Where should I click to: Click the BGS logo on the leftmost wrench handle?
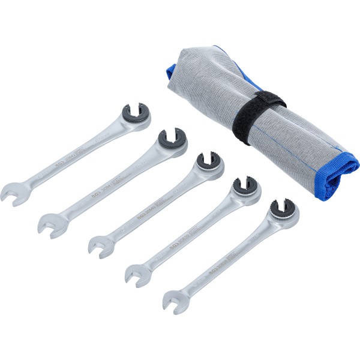coord(59,161)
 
